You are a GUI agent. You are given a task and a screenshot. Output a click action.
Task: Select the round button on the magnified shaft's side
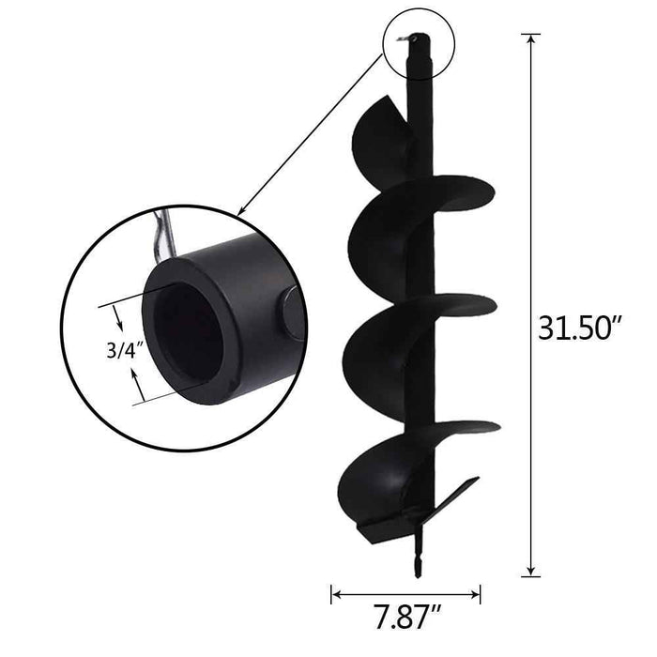tap(289, 313)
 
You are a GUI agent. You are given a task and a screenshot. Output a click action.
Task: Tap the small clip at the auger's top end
tap(404, 39)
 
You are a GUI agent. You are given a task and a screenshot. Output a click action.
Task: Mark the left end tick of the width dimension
tap(331, 592)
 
